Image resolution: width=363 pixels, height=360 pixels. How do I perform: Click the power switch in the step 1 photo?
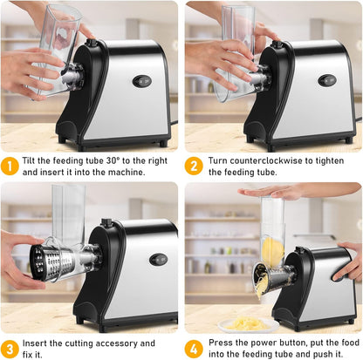(x=141, y=81)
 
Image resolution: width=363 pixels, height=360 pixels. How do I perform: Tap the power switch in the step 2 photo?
(x=327, y=80)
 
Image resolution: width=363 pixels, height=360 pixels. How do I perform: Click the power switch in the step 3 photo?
(x=158, y=259)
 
